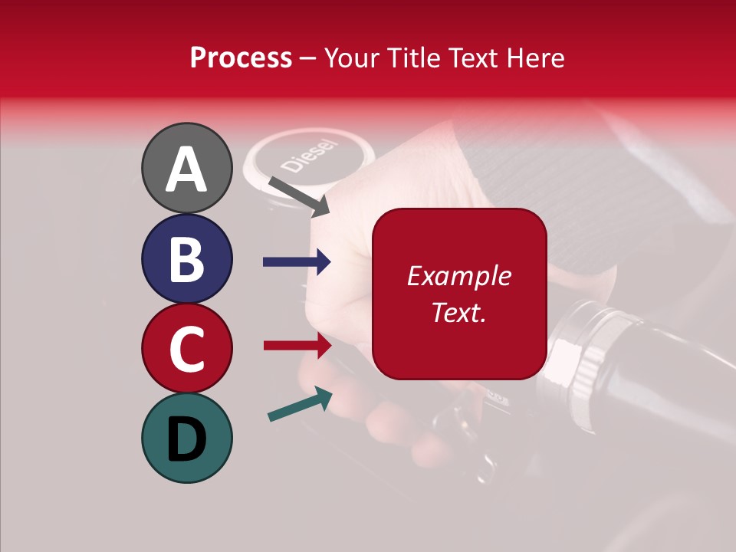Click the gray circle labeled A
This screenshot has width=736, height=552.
pos(186,169)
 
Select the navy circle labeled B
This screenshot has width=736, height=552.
pos(186,259)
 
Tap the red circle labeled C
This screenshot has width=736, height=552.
pos(186,349)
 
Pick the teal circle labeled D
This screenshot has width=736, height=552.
pos(186,439)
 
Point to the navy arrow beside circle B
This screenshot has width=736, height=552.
pos(297,262)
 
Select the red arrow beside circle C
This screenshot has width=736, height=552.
pos(297,345)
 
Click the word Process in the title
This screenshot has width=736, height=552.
pos(241,58)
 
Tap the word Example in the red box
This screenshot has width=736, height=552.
pos(458,276)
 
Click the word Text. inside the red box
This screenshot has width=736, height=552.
pos(458,312)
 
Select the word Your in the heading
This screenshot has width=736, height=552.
pos(353,58)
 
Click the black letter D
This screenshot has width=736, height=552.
pos(186,440)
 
